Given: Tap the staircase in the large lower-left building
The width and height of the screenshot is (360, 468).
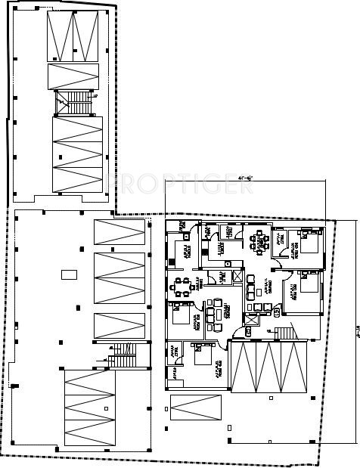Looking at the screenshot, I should (x=119, y=356).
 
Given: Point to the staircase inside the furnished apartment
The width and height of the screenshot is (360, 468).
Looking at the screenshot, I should (x=286, y=332).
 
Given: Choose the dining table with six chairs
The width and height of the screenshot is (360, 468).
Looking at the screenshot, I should (x=181, y=286).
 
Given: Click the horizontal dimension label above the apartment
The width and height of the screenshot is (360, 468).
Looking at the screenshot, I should (x=245, y=179).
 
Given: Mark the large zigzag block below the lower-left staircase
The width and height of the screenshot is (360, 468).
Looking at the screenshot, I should (x=91, y=409).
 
